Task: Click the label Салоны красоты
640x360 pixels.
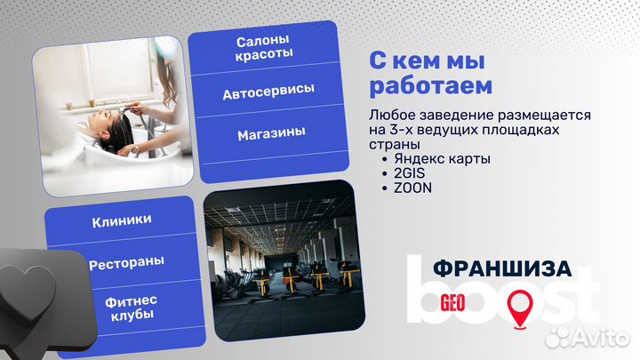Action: click(264, 48)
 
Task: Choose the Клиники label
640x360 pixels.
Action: click(121, 220)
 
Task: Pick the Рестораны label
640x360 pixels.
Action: click(124, 264)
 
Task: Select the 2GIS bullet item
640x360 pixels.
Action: click(408, 173)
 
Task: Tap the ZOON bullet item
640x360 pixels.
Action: click(412, 188)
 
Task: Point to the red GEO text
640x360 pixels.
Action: click(454, 301)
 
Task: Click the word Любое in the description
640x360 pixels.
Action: click(388, 116)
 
